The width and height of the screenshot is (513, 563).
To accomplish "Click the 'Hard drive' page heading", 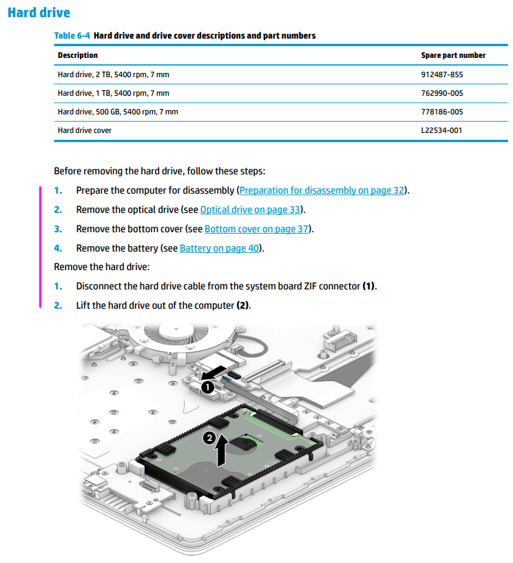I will [39, 12].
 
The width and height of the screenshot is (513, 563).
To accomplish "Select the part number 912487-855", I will [441, 74].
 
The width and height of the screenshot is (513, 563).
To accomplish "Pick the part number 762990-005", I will [441, 92].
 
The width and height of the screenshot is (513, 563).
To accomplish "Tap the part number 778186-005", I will [441, 111].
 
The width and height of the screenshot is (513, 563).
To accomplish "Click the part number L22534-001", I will [441, 130].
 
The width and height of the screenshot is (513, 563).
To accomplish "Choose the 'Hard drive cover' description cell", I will [85, 130].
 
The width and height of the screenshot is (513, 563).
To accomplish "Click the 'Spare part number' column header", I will [452, 55].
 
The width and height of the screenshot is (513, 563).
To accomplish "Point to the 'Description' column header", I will [78, 55].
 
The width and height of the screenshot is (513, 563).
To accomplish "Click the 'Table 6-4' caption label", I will [72, 35].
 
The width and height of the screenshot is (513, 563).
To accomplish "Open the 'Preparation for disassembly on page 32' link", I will [322, 190].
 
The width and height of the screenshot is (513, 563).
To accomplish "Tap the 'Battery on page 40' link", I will [220, 248].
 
